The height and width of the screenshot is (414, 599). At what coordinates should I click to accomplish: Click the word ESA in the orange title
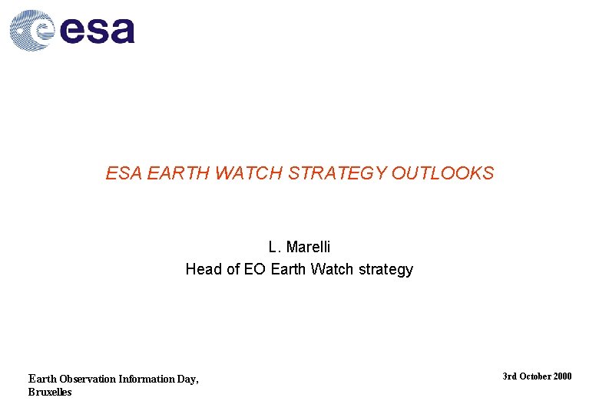(x=124, y=174)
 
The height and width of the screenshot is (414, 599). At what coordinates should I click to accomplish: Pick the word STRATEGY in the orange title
(x=338, y=174)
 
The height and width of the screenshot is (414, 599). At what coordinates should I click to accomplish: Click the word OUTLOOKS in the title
(x=442, y=174)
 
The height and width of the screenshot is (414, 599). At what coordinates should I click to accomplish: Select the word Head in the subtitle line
(x=202, y=270)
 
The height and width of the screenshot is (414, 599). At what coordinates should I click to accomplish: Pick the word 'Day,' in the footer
(x=189, y=379)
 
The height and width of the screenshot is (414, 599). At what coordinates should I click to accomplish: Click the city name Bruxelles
(x=50, y=392)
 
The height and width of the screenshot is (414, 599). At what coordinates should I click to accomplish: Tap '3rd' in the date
(x=509, y=376)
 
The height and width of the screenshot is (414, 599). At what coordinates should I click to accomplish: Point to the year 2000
(x=562, y=376)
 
